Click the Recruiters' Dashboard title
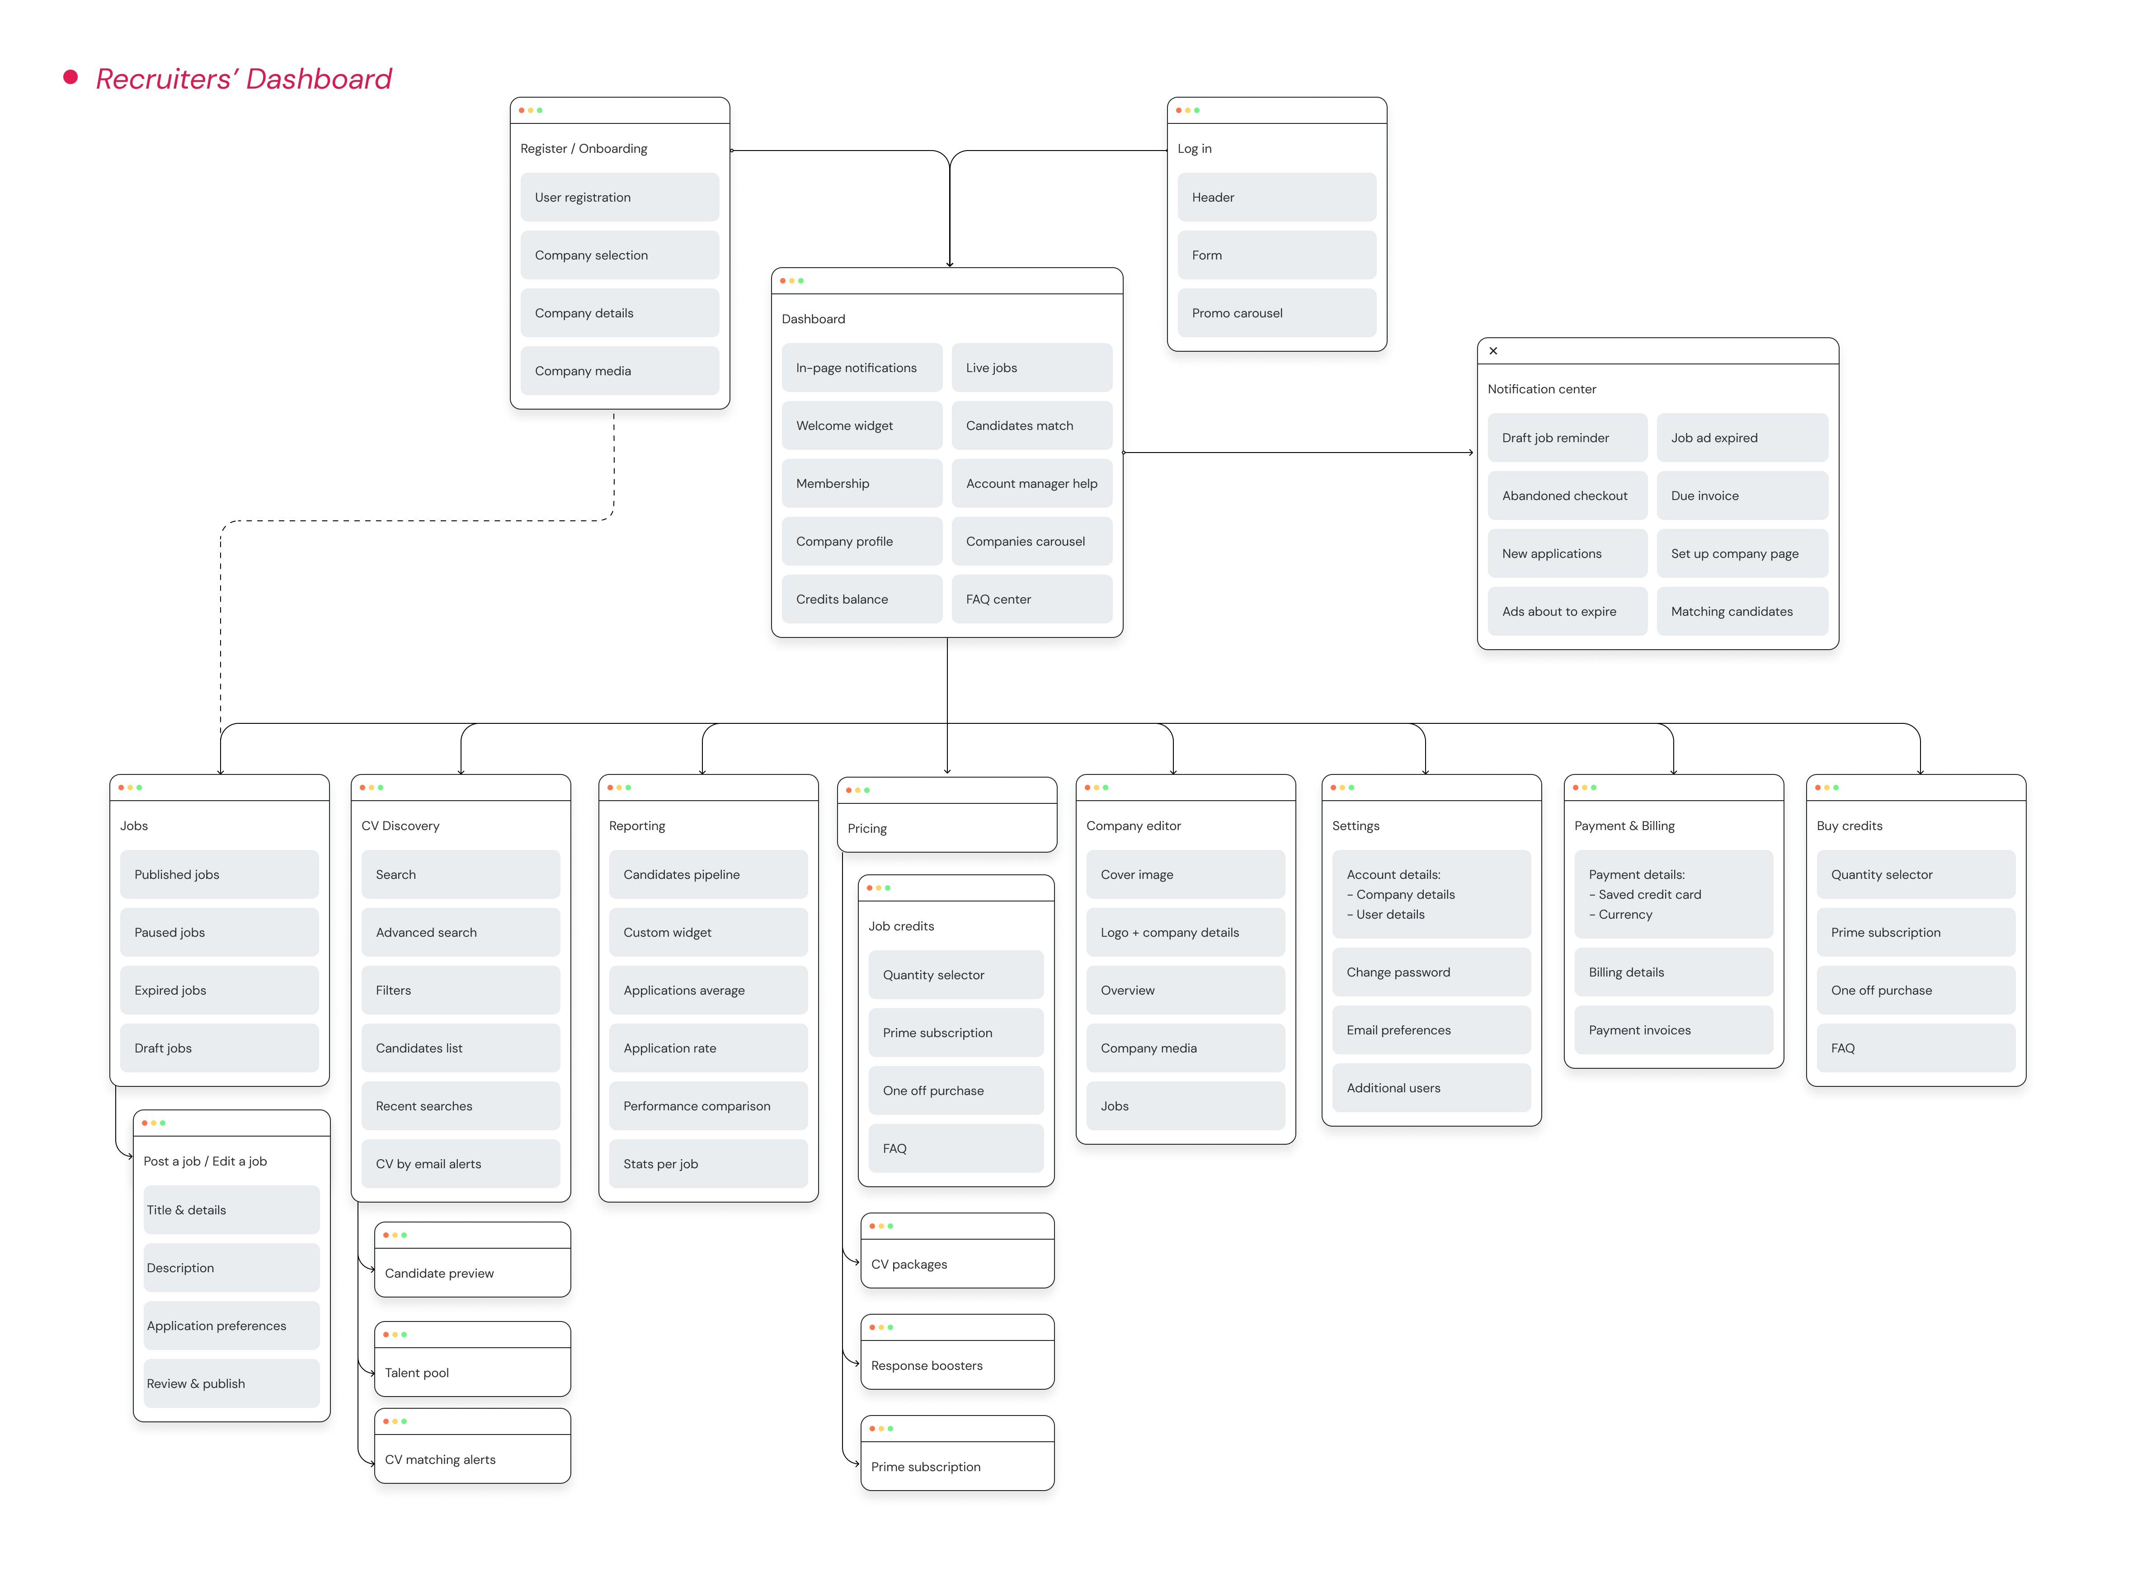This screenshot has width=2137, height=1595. pos(243,79)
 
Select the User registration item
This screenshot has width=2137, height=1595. pos(619,197)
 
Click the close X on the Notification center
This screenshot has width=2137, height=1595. pos(1492,350)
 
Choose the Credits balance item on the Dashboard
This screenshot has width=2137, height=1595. pos(861,599)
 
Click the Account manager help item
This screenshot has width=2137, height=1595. pos(1031,483)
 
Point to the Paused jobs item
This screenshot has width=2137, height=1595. pos(219,932)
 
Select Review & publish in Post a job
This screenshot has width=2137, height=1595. pos(231,1383)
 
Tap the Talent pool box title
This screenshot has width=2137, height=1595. pos(417,1372)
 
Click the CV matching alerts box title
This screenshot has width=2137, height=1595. pos(440,1459)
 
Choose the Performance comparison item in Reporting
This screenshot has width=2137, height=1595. pos(707,1105)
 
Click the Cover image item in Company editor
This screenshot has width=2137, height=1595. pos(1184,874)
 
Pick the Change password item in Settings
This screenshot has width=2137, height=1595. pos(1431,971)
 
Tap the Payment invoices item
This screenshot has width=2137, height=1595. pos(1673,1029)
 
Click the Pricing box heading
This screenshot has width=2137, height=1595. pos(867,828)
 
